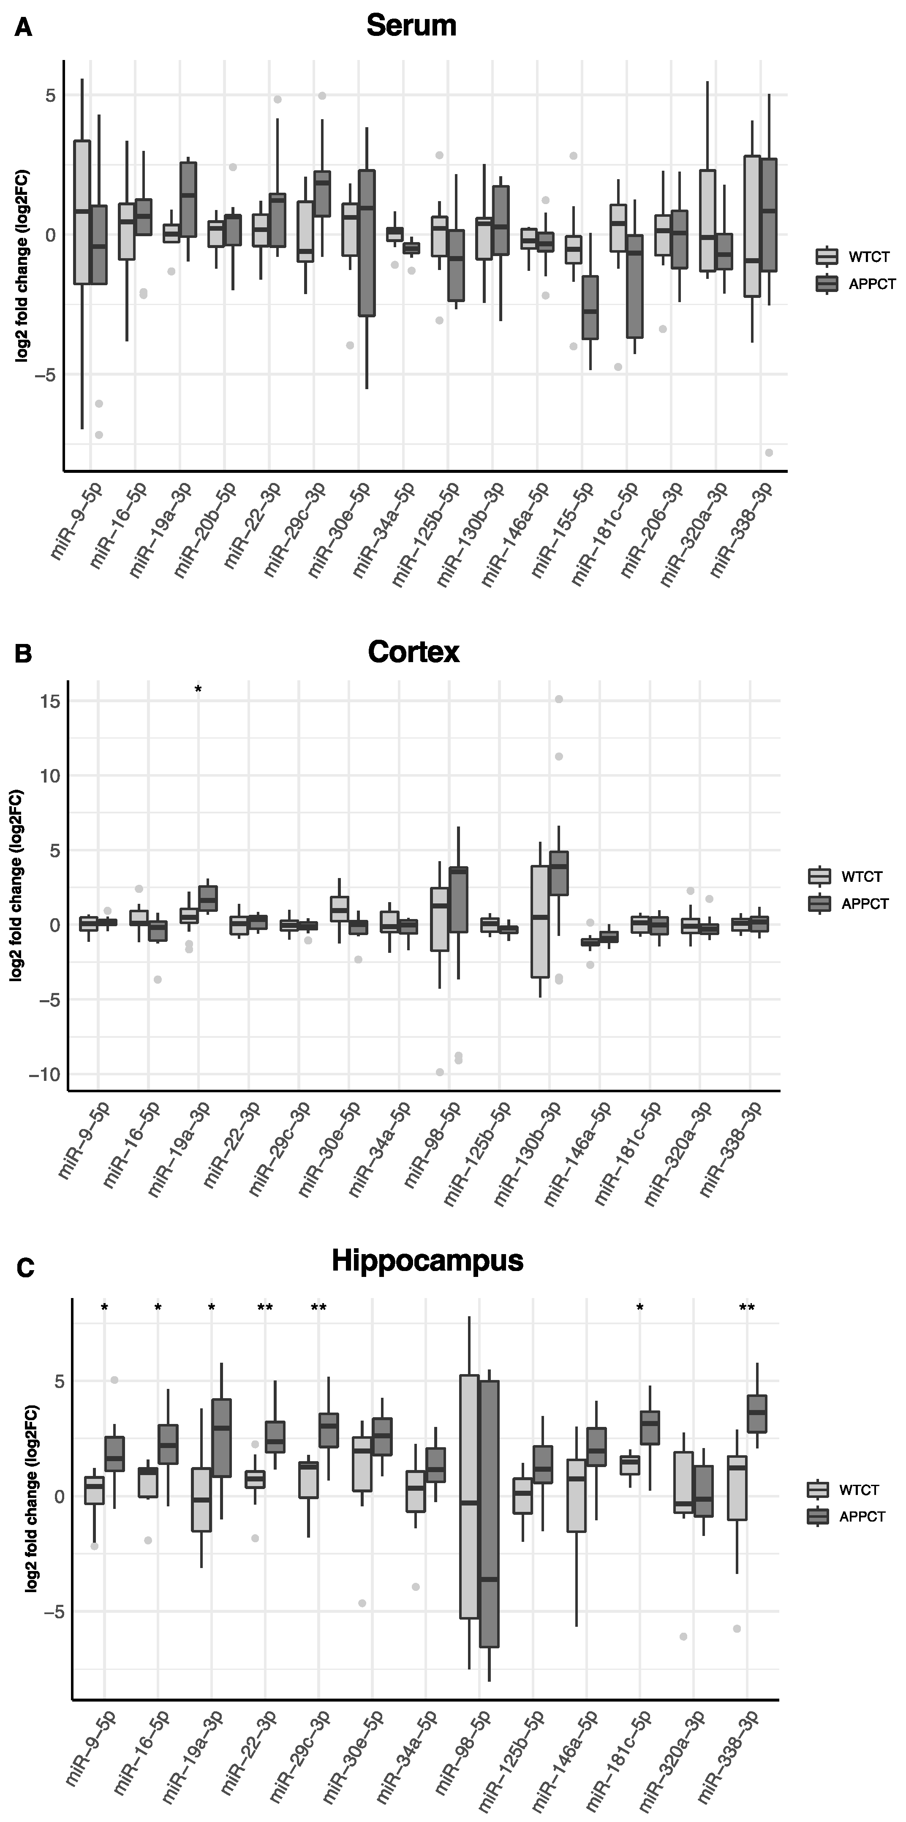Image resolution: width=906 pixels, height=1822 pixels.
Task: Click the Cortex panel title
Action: tap(414, 652)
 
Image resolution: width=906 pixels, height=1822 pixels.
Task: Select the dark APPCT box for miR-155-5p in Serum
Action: tap(590, 308)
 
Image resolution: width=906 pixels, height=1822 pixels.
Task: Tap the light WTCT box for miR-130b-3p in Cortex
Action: tap(540, 921)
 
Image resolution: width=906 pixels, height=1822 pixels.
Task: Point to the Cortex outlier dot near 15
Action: tap(559, 700)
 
